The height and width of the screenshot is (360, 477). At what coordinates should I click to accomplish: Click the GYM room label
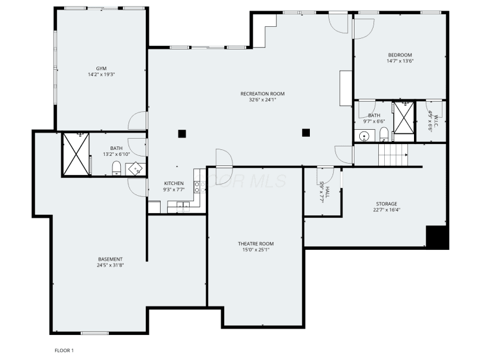click(x=101, y=68)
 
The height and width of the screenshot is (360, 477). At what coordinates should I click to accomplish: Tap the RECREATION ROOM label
click(x=262, y=94)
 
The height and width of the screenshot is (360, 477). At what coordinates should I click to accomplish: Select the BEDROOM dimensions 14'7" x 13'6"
click(x=400, y=61)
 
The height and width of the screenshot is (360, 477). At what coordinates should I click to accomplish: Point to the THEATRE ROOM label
click(x=256, y=244)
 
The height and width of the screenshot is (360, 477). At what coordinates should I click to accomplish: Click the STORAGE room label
click(x=387, y=204)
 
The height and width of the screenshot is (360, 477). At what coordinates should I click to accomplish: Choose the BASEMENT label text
click(x=111, y=259)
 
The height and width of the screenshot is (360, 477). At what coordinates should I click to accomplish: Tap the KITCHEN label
click(x=174, y=183)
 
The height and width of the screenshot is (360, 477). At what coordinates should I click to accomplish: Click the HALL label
click(x=328, y=192)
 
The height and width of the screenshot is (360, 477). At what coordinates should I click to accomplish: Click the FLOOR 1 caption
click(x=64, y=350)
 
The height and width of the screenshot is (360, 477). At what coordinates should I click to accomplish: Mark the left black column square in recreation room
click(x=182, y=134)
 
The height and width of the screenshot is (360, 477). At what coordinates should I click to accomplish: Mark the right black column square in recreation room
click(x=306, y=133)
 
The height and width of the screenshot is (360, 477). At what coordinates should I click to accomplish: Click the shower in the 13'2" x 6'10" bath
click(x=76, y=154)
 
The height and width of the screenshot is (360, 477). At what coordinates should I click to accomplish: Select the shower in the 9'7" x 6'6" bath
click(x=404, y=117)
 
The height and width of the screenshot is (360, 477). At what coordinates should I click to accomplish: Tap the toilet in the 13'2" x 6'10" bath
click(x=117, y=168)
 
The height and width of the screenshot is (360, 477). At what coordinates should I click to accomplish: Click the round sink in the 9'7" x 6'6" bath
click(x=364, y=136)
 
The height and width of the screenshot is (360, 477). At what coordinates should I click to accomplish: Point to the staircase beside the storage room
click(x=393, y=155)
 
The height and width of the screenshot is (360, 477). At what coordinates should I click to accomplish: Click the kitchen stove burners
click(x=197, y=187)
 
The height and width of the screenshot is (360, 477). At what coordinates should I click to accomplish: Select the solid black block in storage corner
click(x=437, y=237)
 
